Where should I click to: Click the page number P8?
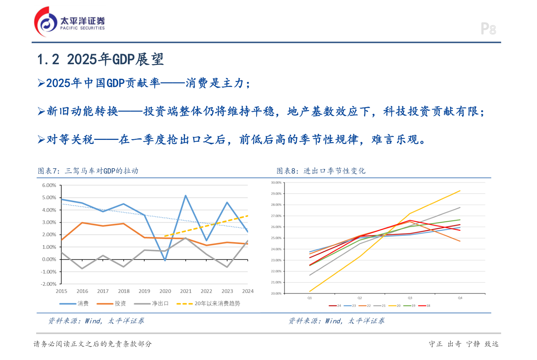tap(488, 29)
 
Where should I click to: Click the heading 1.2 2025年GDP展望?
tap(100, 59)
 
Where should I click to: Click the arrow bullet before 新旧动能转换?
tap(41, 111)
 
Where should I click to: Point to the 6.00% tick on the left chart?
tap(49, 185)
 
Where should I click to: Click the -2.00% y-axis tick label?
tap(48, 284)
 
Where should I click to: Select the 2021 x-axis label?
tap(186, 291)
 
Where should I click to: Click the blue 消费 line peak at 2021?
tap(186, 195)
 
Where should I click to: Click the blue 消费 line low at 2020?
tap(165, 260)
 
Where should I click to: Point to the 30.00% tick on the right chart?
tap(276, 183)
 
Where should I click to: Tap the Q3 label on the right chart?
tap(410, 298)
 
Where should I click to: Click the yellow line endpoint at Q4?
tap(460, 191)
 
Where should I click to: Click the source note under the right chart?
tap(336, 321)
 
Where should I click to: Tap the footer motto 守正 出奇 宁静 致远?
tap(464, 344)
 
